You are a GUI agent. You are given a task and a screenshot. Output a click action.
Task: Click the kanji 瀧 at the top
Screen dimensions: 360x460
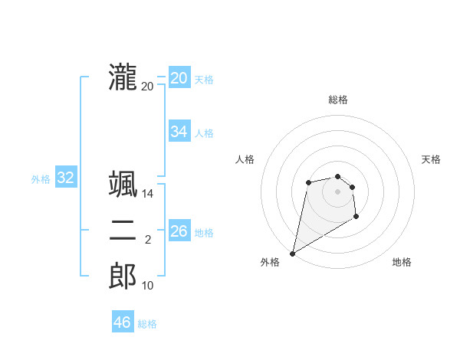[x=123, y=77]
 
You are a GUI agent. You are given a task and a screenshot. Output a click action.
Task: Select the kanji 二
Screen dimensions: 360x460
[x=123, y=231]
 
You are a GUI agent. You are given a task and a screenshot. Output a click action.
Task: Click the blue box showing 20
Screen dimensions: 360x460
[x=179, y=78]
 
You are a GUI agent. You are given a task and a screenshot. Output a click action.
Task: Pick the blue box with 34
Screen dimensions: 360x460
[x=179, y=132]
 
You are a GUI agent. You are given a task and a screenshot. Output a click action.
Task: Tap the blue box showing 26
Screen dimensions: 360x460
[x=179, y=231]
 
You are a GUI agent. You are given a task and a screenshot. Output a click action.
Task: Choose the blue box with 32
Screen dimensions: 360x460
[x=65, y=178]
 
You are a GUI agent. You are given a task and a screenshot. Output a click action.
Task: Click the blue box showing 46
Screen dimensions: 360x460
[x=122, y=322]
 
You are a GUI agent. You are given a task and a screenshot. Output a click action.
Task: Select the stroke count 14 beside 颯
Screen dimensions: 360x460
[x=148, y=194]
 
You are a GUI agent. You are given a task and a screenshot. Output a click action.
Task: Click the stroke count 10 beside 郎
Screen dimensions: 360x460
[x=148, y=286]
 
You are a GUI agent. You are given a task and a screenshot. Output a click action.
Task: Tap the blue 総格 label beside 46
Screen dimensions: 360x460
[x=147, y=324]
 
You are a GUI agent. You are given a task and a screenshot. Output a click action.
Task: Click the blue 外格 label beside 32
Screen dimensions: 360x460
[x=41, y=179]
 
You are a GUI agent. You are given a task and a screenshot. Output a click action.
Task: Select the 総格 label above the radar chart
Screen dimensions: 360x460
[x=338, y=100]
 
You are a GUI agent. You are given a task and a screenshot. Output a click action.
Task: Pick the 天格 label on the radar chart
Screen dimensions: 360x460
[x=431, y=159]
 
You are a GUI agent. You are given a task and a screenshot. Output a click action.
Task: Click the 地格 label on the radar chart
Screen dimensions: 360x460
[x=402, y=262]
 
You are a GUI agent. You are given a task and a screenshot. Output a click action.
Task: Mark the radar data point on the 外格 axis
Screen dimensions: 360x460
[x=292, y=253]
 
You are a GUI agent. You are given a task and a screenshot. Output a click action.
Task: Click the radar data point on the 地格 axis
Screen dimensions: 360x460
[x=356, y=217]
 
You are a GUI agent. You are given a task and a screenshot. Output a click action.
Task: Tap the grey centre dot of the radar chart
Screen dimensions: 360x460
[x=337, y=191]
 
